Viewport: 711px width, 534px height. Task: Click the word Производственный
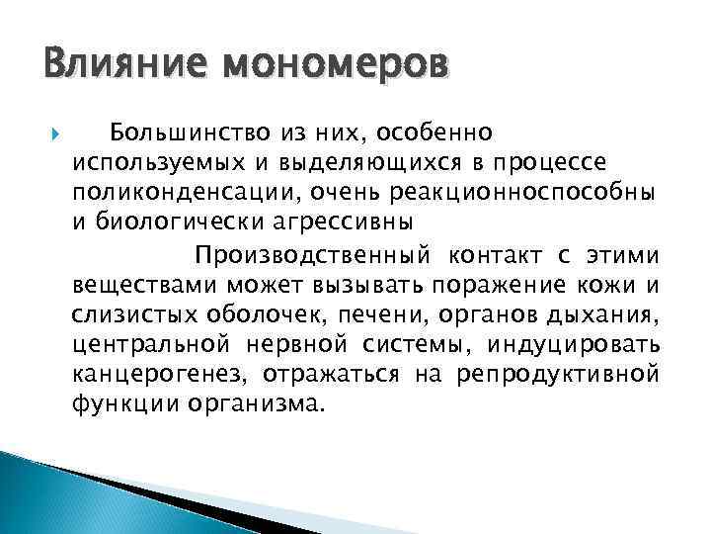click(x=312, y=257)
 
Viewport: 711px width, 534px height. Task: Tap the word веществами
click(x=144, y=287)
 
